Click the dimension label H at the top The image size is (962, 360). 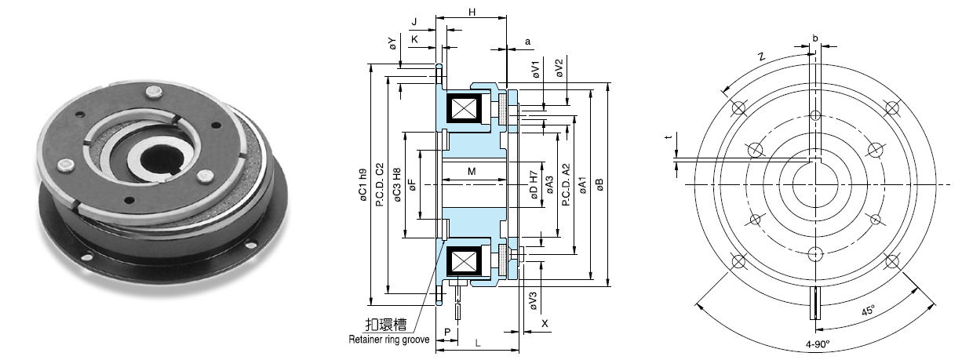pos(471,12)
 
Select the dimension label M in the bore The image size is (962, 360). pos(471,171)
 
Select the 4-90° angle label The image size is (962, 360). pos(817,344)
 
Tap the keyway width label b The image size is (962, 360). pos(815,38)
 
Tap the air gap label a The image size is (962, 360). pos(527,40)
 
